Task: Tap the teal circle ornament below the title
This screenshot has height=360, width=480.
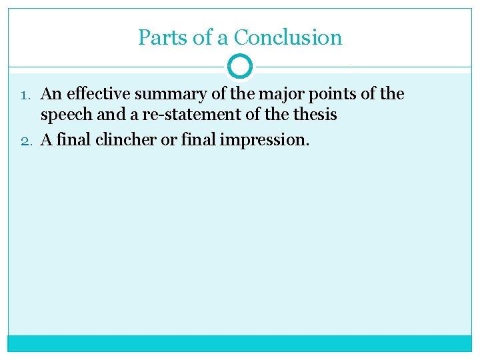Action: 240,67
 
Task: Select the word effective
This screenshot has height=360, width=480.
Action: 96,94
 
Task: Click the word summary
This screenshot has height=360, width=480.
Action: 170,95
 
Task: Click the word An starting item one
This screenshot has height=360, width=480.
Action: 51,94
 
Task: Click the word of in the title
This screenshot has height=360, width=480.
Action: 201,37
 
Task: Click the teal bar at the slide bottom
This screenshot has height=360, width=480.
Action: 240,343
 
